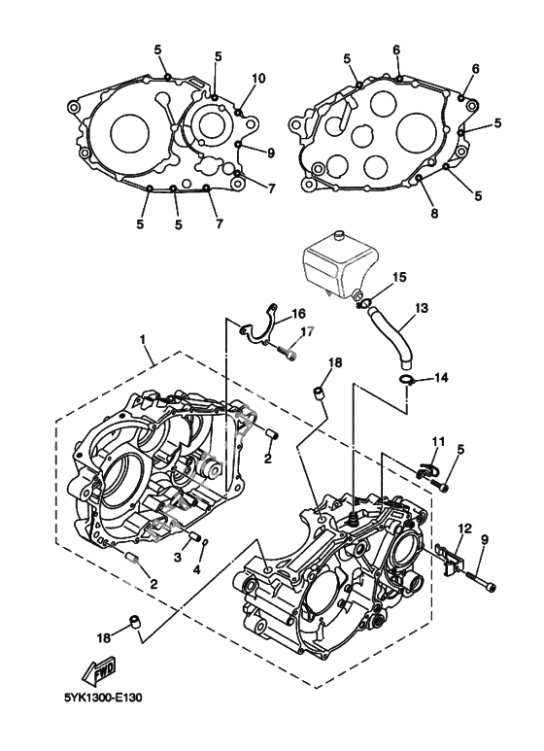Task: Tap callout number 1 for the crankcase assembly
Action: click(142, 339)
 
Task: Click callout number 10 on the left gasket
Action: click(258, 78)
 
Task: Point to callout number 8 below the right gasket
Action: click(434, 213)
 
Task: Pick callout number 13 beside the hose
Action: click(422, 307)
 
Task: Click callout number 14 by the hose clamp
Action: click(441, 378)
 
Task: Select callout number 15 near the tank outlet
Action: click(399, 277)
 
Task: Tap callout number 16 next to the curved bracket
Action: click(298, 314)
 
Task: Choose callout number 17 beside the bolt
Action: click(306, 332)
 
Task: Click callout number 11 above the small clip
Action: click(439, 440)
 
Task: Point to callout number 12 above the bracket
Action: click(464, 529)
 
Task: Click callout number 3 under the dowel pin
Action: click(178, 556)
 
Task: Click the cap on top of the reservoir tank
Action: click(339, 235)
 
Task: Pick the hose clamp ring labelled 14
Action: click(405, 381)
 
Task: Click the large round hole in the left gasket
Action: click(129, 133)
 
